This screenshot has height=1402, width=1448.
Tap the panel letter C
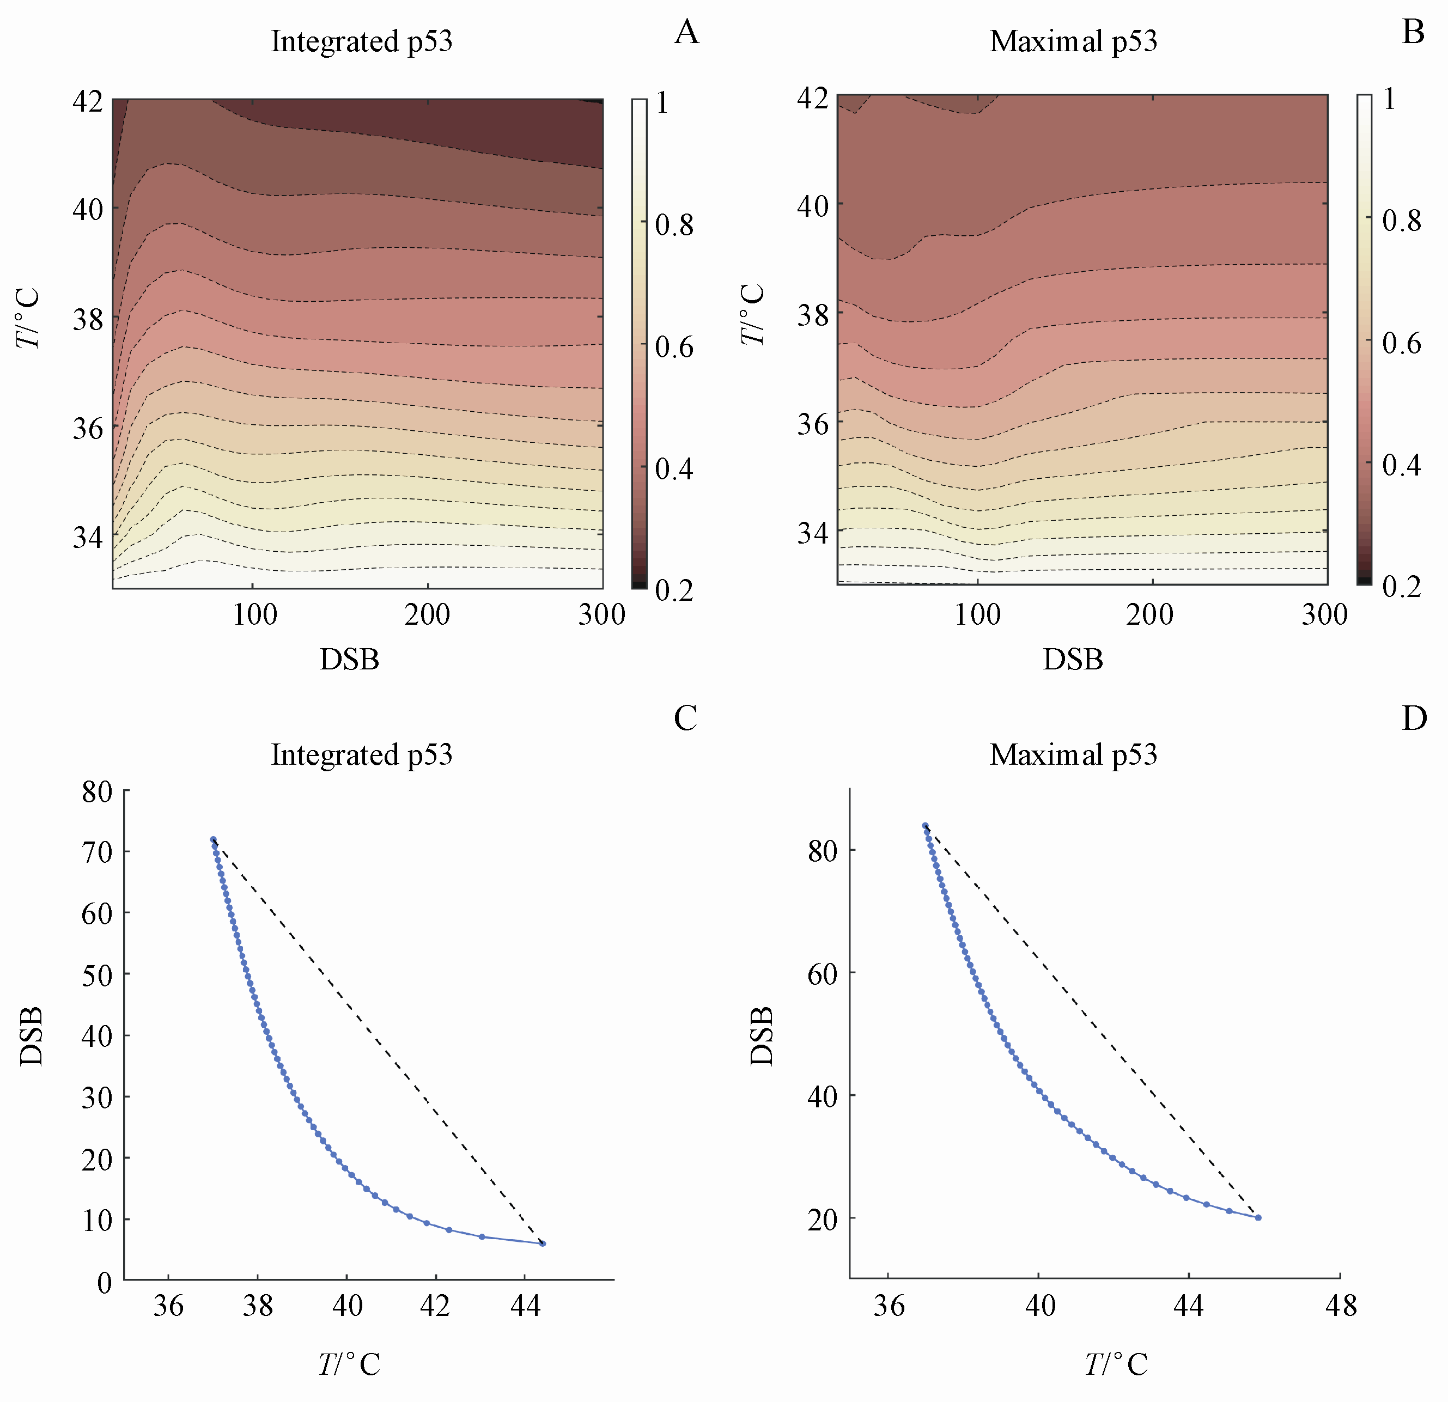tap(685, 718)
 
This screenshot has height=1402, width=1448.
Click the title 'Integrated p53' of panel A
tap(361, 41)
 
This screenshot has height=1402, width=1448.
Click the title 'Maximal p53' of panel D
tap(1073, 755)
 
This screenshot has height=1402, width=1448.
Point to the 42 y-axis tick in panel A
tap(88, 100)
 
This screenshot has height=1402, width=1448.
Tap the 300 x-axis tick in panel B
tap(1324, 614)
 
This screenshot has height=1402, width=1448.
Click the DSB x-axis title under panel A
tap(349, 660)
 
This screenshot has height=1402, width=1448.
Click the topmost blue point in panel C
tap(214, 840)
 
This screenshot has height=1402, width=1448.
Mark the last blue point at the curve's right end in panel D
tap(1258, 1217)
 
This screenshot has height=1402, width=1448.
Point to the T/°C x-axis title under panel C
tap(349, 1364)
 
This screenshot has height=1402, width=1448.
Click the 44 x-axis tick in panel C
tap(525, 1307)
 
